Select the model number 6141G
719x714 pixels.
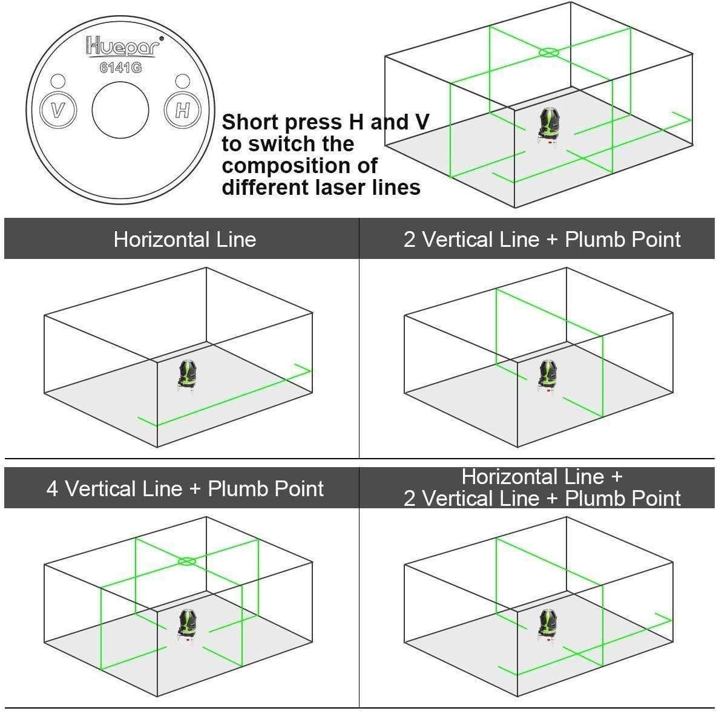coord(120,68)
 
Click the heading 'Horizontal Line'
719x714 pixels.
coord(185,240)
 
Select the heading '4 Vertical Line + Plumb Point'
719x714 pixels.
coord(185,488)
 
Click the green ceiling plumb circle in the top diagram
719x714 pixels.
coord(548,53)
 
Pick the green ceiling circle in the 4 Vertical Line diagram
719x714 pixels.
coord(187,562)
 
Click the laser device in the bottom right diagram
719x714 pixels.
coord(547,623)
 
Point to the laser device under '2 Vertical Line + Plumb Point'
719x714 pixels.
coord(547,374)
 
